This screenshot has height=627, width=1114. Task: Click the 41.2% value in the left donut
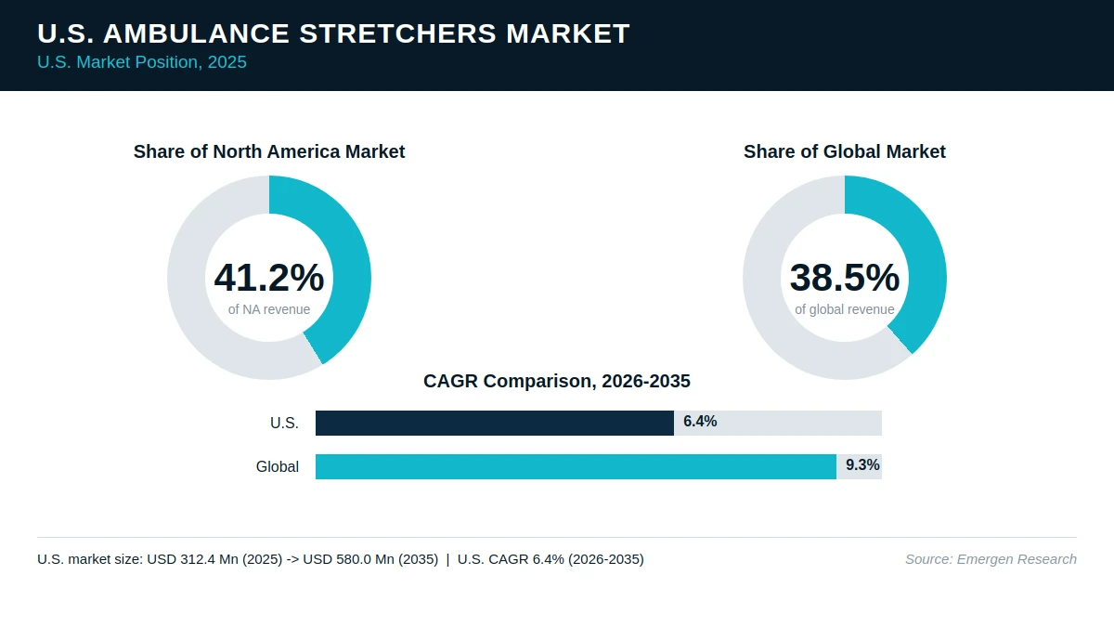269,277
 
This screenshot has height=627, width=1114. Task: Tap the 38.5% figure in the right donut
845,277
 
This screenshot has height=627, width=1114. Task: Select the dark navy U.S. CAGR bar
495,423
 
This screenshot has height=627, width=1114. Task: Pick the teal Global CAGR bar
576,466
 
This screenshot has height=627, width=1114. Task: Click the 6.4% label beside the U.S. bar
700,422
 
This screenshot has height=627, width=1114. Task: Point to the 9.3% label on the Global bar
862,464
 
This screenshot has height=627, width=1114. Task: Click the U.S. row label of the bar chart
284,423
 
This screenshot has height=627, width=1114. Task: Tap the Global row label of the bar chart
278,466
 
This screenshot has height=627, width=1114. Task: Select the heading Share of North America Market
269,151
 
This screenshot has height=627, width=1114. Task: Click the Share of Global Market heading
845,151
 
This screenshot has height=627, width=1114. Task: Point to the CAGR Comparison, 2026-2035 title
557,381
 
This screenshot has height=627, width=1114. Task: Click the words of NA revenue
269,309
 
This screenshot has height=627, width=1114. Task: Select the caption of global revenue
845,309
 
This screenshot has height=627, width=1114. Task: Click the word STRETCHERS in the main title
398,33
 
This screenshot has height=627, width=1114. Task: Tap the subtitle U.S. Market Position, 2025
142,62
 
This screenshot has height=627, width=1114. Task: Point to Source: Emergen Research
991,559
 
